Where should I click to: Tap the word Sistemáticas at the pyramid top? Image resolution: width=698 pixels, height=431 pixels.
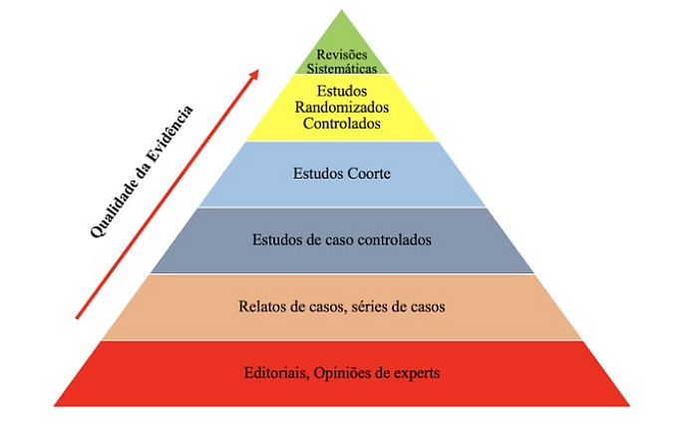(x=342, y=69)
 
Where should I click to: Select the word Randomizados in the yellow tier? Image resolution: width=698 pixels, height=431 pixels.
(x=342, y=108)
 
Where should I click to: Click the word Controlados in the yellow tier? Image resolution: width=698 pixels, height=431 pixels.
(x=342, y=124)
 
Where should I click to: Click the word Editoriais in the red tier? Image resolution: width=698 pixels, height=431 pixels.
(x=275, y=374)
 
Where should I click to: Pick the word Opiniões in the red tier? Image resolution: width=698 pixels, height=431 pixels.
(x=344, y=374)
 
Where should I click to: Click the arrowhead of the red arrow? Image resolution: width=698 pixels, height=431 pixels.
(x=255, y=75)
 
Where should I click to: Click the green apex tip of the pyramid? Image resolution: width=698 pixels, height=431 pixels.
(x=342, y=14)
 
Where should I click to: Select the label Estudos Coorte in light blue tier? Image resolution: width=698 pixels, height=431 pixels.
(x=341, y=174)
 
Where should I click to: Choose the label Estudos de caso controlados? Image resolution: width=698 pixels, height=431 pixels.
(x=341, y=239)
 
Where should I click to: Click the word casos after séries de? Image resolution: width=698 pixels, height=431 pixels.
(x=427, y=306)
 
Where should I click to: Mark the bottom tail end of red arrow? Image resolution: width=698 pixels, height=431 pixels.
(x=78, y=317)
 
